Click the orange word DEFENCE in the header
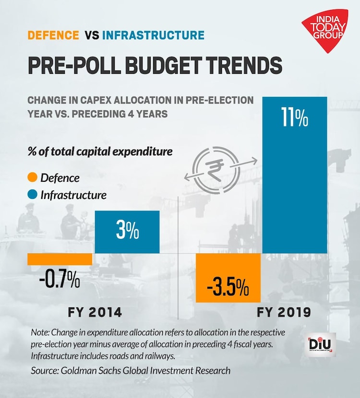[x=53, y=35]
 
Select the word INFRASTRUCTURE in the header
[x=153, y=35]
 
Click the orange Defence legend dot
[x=32, y=178]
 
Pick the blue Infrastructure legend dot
[x=32, y=195]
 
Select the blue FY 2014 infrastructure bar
[x=127, y=232]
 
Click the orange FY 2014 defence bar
[x=60, y=259]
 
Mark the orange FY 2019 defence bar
[x=228, y=278]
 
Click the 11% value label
[x=295, y=119]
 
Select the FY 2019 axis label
[x=284, y=313]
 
